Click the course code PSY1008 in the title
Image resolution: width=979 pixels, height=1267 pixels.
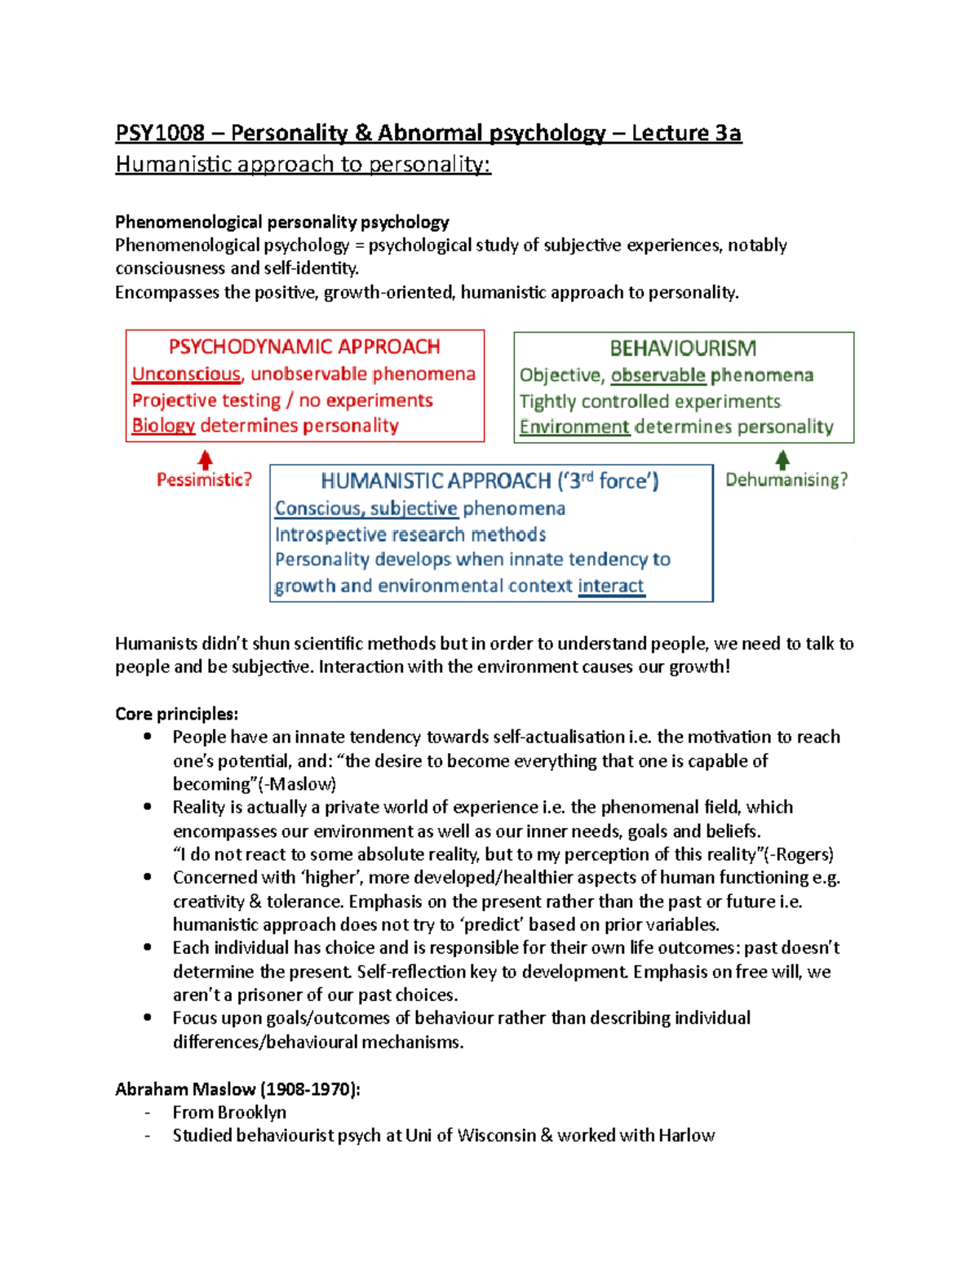(x=160, y=133)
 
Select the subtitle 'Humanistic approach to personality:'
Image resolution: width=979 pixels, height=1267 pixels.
(x=303, y=164)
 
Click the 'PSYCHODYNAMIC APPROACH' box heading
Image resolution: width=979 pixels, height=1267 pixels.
(x=304, y=347)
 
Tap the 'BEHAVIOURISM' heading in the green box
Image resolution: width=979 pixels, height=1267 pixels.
(x=683, y=348)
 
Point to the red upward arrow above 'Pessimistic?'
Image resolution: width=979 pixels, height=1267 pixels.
(x=206, y=459)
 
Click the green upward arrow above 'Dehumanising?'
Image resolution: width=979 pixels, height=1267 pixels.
(x=782, y=459)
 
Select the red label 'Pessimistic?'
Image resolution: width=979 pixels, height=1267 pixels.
(x=204, y=480)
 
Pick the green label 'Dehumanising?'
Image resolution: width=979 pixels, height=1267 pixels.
(x=786, y=480)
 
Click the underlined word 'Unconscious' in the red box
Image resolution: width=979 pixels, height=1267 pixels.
(x=186, y=374)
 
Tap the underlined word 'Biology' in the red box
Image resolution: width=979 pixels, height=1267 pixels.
(x=163, y=425)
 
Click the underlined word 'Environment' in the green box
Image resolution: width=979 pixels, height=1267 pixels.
(x=574, y=427)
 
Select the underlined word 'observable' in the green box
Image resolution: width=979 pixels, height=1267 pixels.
(x=658, y=375)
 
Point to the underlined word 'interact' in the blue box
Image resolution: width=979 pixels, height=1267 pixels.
(x=611, y=586)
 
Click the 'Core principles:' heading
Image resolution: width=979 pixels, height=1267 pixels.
(x=176, y=714)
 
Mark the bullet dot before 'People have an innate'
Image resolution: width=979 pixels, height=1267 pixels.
(x=148, y=737)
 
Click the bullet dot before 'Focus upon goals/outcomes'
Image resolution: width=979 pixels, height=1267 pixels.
(x=148, y=1017)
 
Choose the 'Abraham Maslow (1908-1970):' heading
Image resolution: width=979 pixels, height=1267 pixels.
(x=237, y=1089)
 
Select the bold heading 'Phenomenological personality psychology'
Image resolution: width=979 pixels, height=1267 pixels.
(x=282, y=222)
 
